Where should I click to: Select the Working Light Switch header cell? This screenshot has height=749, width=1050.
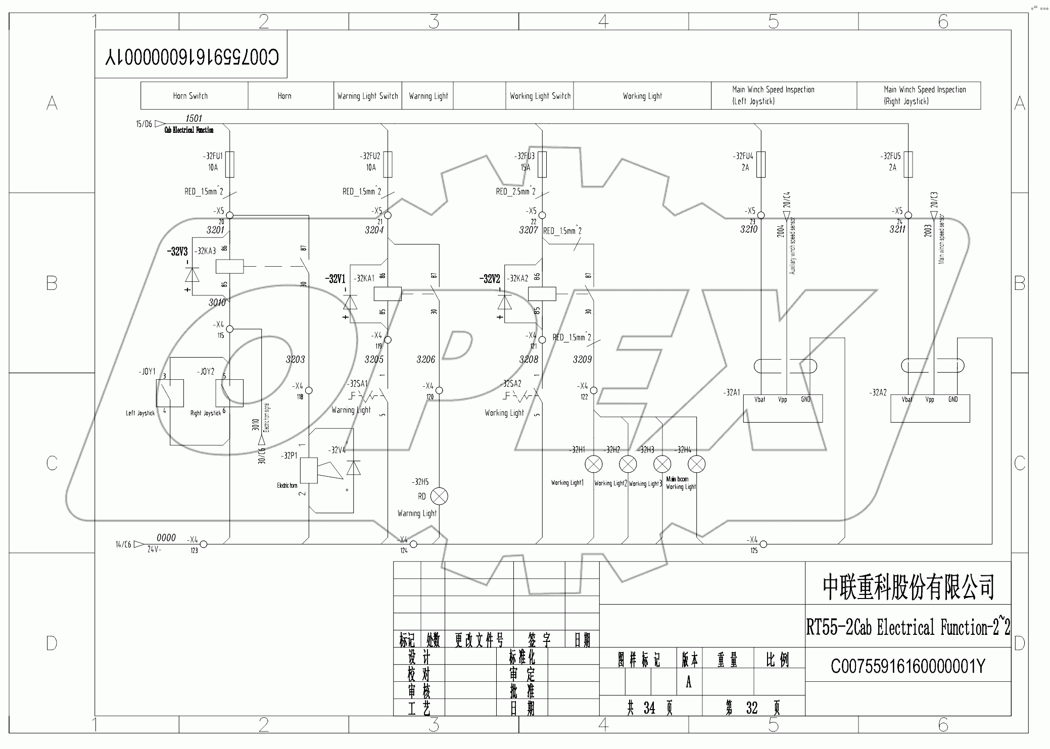[x=540, y=95]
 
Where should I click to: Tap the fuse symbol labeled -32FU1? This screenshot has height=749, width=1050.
[x=229, y=164]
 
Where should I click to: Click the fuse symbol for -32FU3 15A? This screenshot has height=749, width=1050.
[x=542, y=164]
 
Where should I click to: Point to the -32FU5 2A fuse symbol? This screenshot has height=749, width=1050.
[x=908, y=164]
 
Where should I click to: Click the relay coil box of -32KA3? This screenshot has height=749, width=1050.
[x=229, y=266]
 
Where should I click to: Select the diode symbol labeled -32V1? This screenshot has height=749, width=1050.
[x=350, y=302]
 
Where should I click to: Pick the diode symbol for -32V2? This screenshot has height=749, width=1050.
[x=504, y=302]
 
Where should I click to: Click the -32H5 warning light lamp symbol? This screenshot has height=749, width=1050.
[x=439, y=496]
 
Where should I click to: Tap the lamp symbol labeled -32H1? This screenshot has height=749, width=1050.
[x=594, y=464]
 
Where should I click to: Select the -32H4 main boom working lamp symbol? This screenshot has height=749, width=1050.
[x=696, y=464]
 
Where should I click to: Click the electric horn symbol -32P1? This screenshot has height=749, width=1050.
[x=309, y=470]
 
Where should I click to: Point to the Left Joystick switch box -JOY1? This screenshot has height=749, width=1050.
[x=170, y=392]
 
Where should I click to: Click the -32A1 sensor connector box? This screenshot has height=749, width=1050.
[x=783, y=408]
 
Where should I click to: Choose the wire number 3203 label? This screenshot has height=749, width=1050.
[x=295, y=360]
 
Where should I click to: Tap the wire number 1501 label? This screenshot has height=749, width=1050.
[x=194, y=118]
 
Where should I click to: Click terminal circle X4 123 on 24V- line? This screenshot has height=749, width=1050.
[x=204, y=544]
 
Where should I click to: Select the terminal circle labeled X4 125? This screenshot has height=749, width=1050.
[x=763, y=544]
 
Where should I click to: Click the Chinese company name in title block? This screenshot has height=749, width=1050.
[x=908, y=587]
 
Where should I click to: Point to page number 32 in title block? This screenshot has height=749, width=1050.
[x=752, y=708]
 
